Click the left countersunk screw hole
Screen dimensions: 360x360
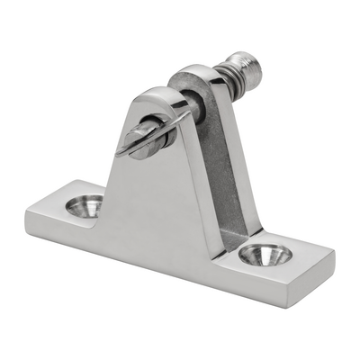tap(85, 206)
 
